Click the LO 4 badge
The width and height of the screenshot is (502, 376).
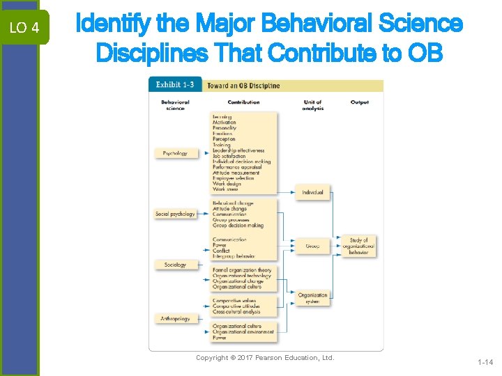(x=24, y=28)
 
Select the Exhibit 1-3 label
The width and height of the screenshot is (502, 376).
(x=175, y=86)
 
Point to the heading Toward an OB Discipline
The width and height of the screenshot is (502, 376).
(x=243, y=86)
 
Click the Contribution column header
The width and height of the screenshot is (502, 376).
(x=243, y=102)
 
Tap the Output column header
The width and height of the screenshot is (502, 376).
(x=360, y=102)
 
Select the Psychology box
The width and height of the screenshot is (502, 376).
(x=175, y=153)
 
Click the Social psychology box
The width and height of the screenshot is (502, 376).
(x=175, y=214)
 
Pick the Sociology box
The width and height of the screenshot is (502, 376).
(x=175, y=265)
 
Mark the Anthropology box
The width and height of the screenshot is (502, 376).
(x=175, y=319)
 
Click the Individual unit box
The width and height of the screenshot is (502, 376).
(x=312, y=192)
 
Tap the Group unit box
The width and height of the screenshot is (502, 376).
(x=312, y=246)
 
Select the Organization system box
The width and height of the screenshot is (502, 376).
(x=312, y=298)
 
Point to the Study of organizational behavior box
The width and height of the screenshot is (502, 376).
(x=359, y=246)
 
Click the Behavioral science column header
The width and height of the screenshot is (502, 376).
(x=175, y=105)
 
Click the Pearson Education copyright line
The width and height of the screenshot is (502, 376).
(x=265, y=358)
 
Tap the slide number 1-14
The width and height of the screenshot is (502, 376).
(x=485, y=362)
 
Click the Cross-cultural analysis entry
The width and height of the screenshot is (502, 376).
(x=236, y=312)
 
